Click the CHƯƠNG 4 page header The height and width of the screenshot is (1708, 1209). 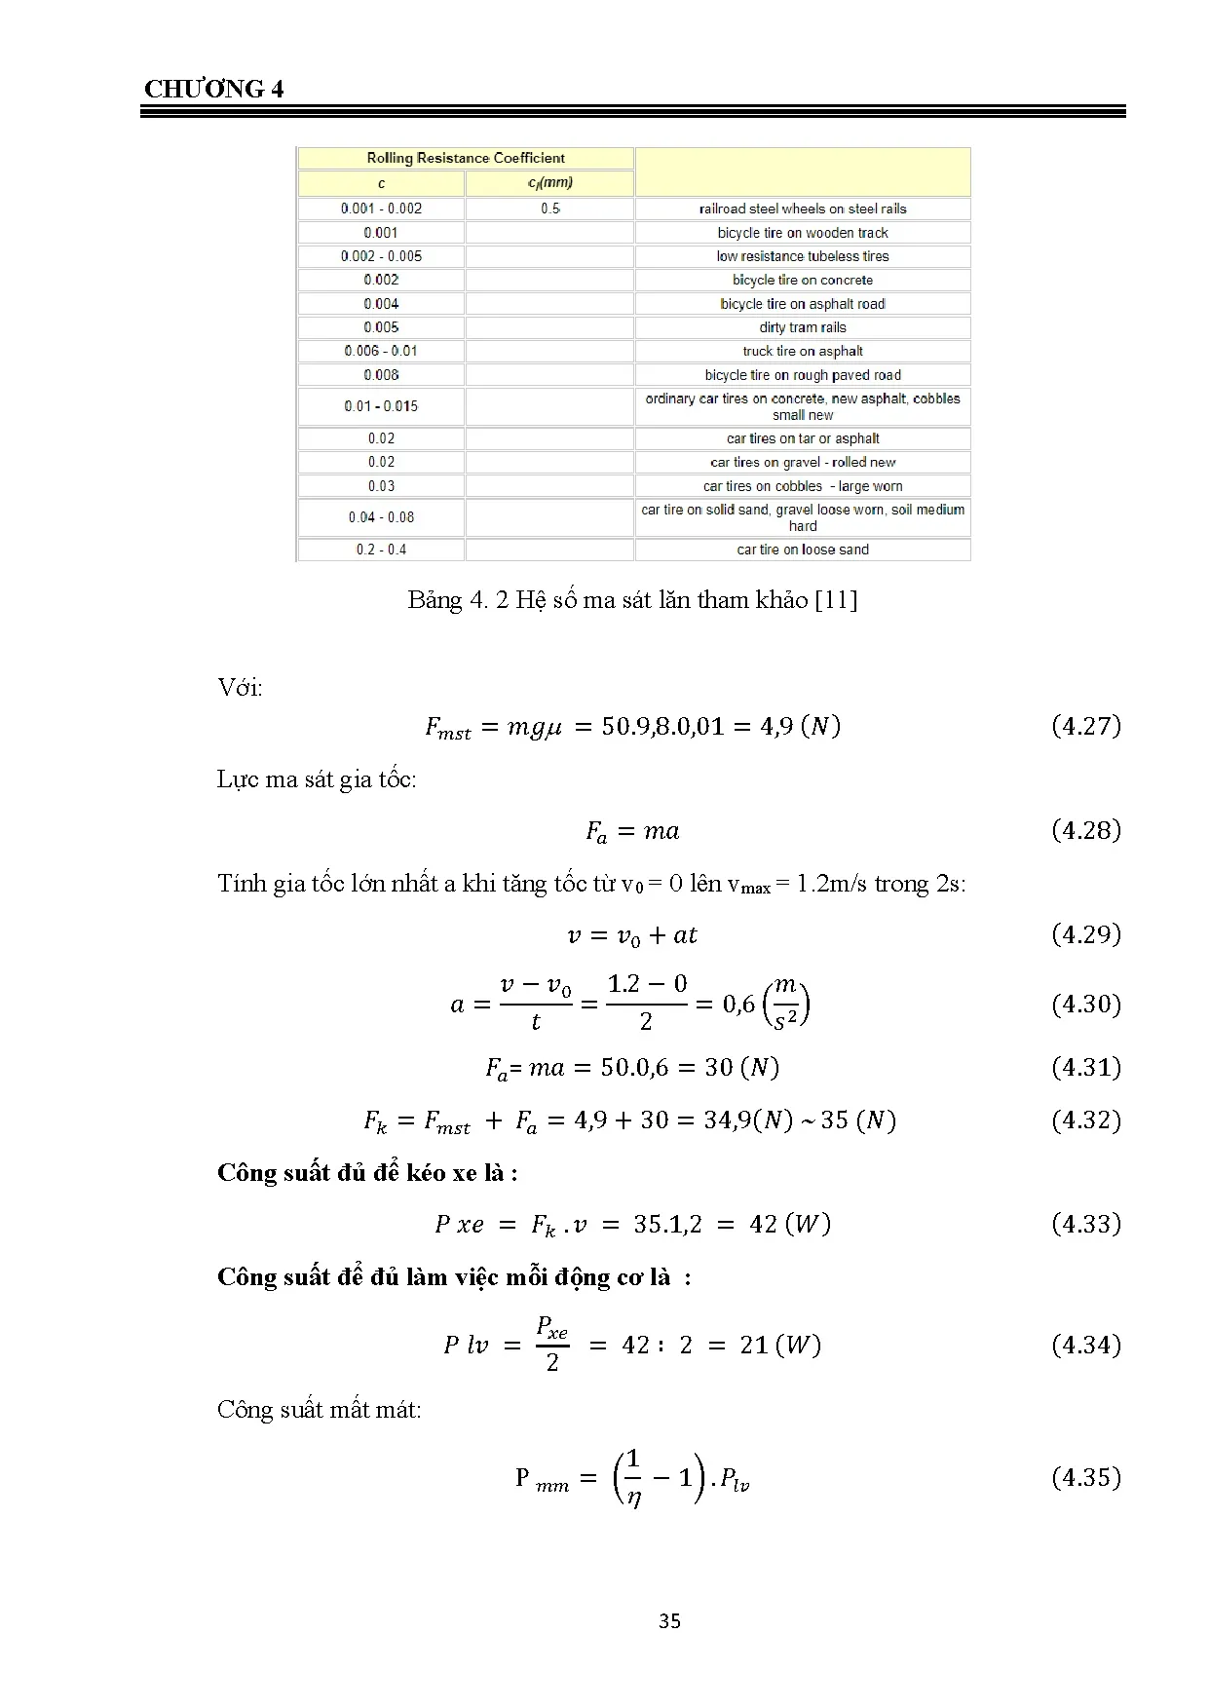pyautogui.click(x=213, y=90)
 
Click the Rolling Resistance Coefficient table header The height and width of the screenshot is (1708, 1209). pyautogui.click(x=466, y=158)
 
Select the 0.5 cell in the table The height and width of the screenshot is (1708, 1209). pyautogui.click(x=550, y=209)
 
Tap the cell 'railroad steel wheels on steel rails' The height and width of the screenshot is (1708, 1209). pyautogui.click(x=803, y=209)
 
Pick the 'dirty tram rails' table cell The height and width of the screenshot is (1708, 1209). pyautogui.click(x=803, y=327)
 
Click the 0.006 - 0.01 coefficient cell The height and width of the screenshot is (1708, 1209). pyautogui.click(x=381, y=351)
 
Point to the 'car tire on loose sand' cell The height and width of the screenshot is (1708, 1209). pyautogui.click(x=803, y=550)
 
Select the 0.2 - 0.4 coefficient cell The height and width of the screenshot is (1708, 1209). pyautogui.click(x=381, y=550)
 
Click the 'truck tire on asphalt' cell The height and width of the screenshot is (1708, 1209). pyautogui.click(x=803, y=351)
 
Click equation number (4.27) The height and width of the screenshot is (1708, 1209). pyautogui.click(x=1086, y=726)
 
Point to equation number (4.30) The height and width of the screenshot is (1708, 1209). pyautogui.click(x=1086, y=1005)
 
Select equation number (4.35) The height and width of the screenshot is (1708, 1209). pyautogui.click(x=1086, y=1477)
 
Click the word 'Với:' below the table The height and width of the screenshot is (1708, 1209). pyautogui.click(x=240, y=688)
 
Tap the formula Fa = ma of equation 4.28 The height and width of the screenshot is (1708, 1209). pyautogui.click(x=632, y=831)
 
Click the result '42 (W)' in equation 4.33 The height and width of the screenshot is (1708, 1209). pyautogui.click(x=789, y=1225)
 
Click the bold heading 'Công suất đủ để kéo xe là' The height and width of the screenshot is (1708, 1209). pyautogui.click(x=366, y=1172)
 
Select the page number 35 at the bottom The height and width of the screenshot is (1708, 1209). pyautogui.click(x=669, y=1621)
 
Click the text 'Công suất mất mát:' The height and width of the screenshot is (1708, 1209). pyautogui.click(x=319, y=1410)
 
